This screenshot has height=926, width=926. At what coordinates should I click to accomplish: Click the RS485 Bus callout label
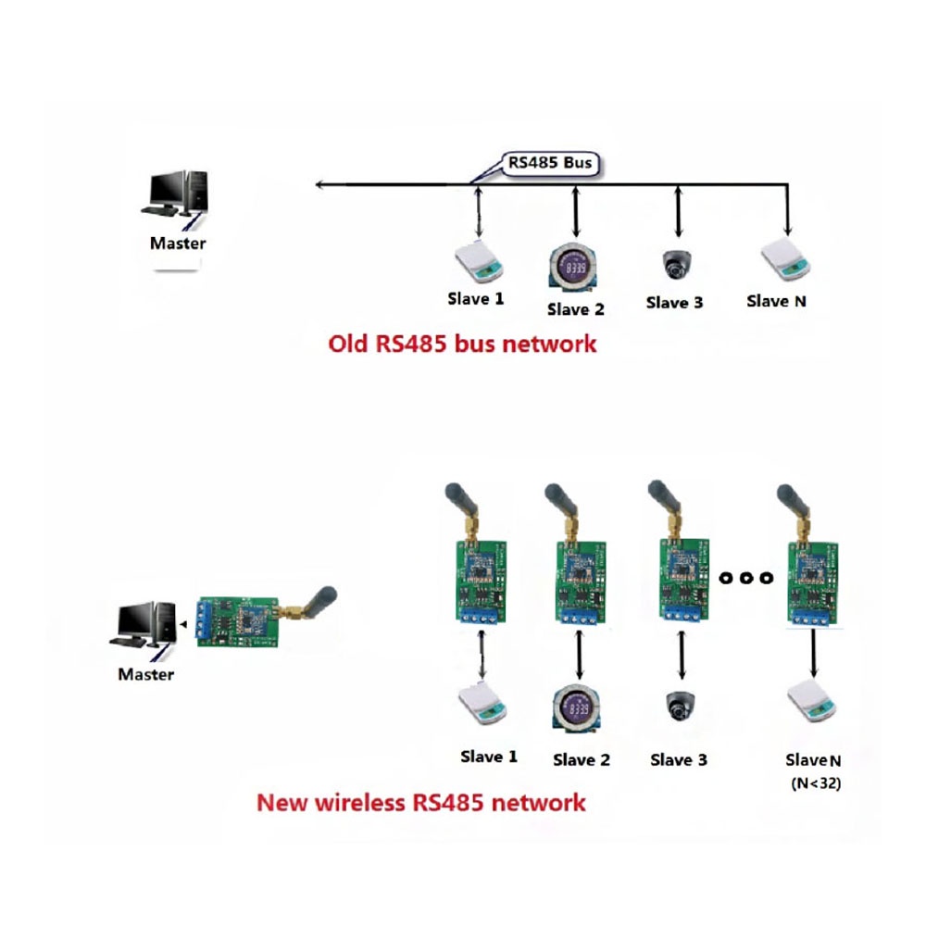click(549, 164)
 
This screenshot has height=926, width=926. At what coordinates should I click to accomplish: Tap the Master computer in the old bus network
click(177, 197)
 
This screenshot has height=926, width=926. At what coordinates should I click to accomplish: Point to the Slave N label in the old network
click(776, 301)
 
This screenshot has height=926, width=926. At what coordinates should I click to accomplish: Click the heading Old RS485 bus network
click(463, 344)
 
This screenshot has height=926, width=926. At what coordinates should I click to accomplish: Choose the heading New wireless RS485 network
click(421, 802)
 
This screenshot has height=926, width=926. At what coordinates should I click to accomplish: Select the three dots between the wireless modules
click(745, 579)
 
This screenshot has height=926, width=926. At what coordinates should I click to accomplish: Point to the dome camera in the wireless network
click(681, 707)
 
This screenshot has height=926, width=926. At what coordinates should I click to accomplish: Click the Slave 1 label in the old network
click(476, 298)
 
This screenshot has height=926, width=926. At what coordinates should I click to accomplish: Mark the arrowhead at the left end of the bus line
click(319, 185)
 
